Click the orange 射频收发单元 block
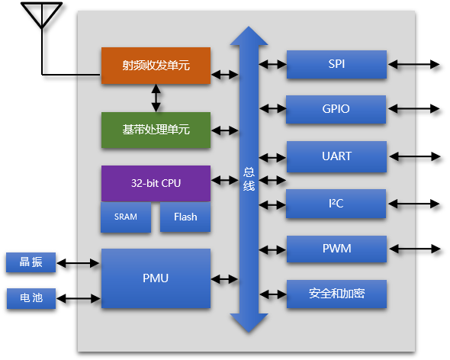[156, 66]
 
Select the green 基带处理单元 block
[156, 130]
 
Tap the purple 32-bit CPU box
[156, 183]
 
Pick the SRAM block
[126, 217]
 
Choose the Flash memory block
[185, 217]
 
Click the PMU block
[156, 278]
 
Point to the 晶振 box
[31, 262]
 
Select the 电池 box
[31, 298]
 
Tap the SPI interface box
[336, 64]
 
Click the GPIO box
[336, 109]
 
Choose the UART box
[336, 156]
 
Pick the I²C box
[336, 204]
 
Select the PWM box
[336, 249]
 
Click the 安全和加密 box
[336, 294]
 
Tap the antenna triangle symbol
[42, 15]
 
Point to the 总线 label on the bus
[249, 178]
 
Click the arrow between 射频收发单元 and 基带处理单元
[156, 98]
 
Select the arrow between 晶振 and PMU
[78, 263]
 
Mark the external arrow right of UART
[415, 157]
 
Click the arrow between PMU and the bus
[224, 278]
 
